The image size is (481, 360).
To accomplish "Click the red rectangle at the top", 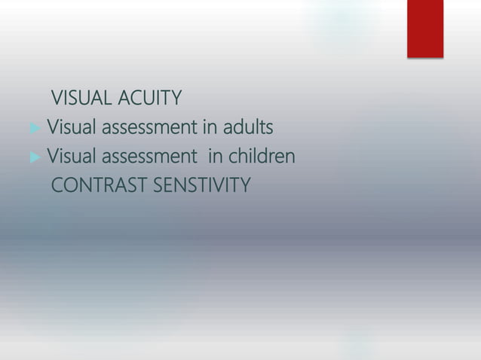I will point(425,28).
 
